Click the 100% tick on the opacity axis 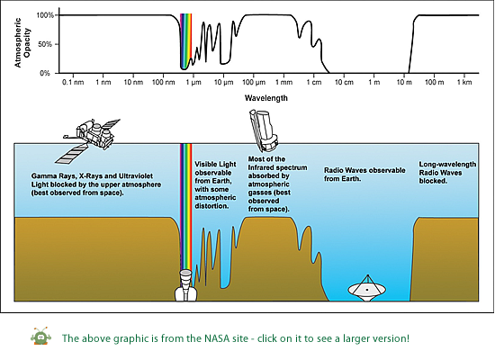click(x=46, y=15)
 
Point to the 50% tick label click(x=45, y=44)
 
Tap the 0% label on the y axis click(x=45, y=73)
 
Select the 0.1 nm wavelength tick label click(x=73, y=83)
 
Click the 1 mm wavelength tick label click(x=283, y=83)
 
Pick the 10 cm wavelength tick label click(x=344, y=83)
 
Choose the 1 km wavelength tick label click(x=464, y=83)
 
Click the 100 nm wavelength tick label click(x=164, y=83)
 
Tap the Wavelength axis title click(x=266, y=98)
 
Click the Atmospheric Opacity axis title click(x=22, y=42)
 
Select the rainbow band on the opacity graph click(x=186, y=41)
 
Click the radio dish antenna click(x=367, y=288)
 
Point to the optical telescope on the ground click(x=186, y=284)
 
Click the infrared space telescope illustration click(x=264, y=130)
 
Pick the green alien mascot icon click(x=41, y=337)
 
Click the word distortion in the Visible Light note click(x=211, y=206)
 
